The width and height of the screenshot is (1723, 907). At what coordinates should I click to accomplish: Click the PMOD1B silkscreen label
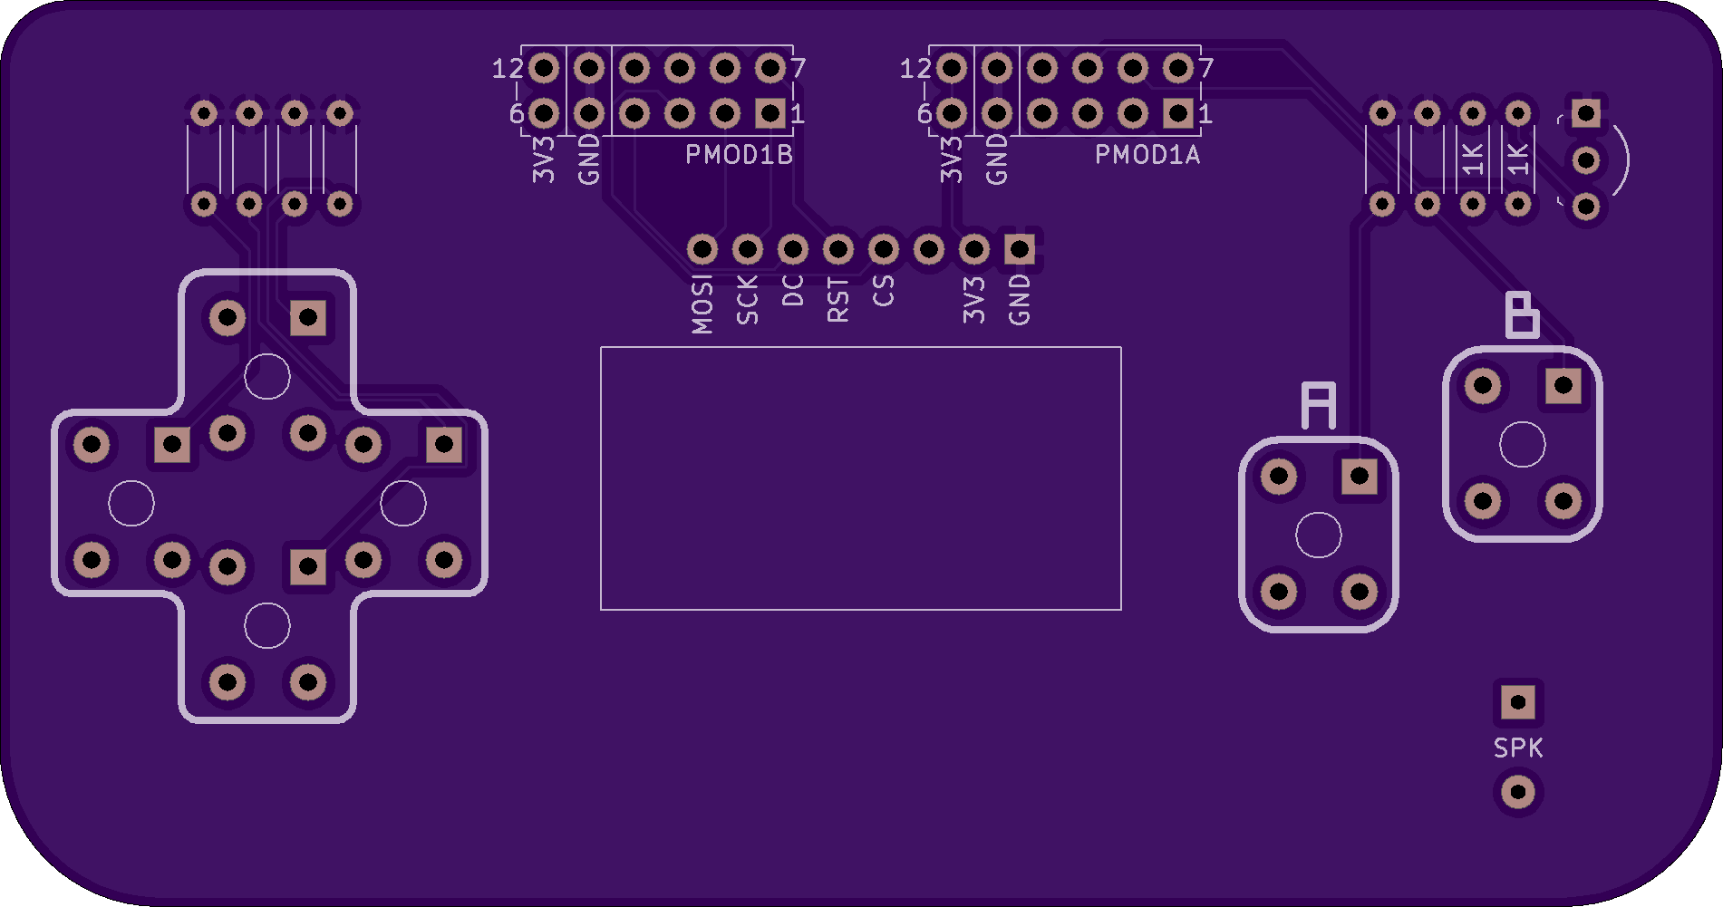pyautogui.click(x=739, y=155)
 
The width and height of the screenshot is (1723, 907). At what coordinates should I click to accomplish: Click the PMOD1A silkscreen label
pyautogui.click(x=1147, y=155)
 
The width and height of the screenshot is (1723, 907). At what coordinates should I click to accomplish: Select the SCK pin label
pyautogui.click(x=747, y=301)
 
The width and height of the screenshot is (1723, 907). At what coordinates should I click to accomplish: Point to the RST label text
pyautogui.click(x=838, y=300)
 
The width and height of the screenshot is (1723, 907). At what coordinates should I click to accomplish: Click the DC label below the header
pyautogui.click(x=792, y=291)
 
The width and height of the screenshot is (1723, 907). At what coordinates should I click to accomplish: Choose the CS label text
pyautogui.click(x=883, y=291)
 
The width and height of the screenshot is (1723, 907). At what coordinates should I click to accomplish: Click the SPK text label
pyautogui.click(x=1518, y=748)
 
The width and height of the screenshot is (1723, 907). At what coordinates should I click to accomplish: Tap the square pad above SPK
pyautogui.click(x=1518, y=702)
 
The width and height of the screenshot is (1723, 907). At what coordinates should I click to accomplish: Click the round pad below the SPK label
pyautogui.click(x=1518, y=793)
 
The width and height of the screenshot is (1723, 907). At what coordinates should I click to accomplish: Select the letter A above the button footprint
pyautogui.click(x=1319, y=405)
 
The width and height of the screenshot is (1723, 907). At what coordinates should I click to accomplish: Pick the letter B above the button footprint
pyautogui.click(x=1523, y=315)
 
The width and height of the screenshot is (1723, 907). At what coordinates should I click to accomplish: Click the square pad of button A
pyautogui.click(x=1359, y=476)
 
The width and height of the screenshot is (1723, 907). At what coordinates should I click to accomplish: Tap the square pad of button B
pyautogui.click(x=1563, y=385)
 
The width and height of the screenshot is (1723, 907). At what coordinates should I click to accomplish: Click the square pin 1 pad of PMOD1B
pyautogui.click(x=770, y=113)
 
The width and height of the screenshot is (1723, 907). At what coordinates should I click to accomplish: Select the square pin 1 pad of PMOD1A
pyautogui.click(x=1178, y=113)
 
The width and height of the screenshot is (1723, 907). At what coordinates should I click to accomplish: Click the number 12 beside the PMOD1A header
pyautogui.click(x=915, y=69)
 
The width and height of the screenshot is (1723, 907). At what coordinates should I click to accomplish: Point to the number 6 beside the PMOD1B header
pyautogui.click(x=517, y=114)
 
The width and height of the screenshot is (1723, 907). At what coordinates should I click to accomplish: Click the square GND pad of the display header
pyautogui.click(x=1020, y=249)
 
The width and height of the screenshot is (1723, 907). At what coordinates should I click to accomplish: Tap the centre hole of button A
pyautogui.click(x=1319, y=535)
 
